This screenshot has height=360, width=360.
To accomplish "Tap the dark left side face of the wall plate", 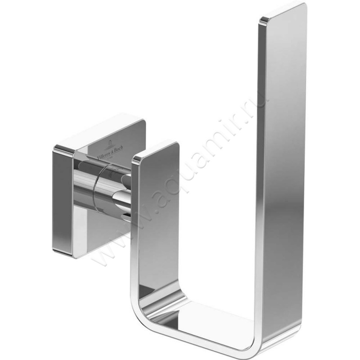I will [x=62, y=202].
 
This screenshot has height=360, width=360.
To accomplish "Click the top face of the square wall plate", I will [x=99, y=133].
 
